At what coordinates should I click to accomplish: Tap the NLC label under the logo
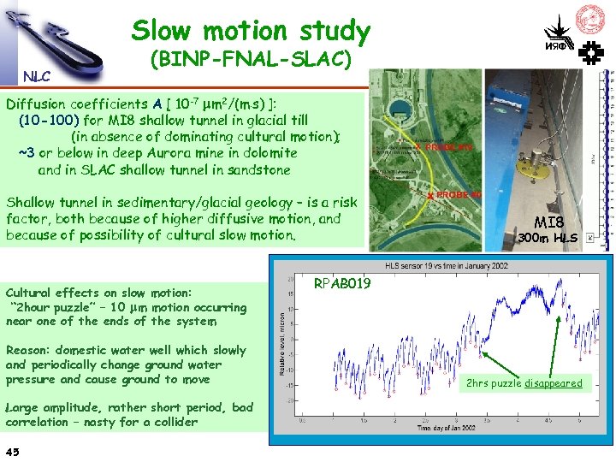37,76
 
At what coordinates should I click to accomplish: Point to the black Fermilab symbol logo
591,54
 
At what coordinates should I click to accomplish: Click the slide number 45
13,451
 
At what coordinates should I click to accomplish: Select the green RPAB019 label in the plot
342,282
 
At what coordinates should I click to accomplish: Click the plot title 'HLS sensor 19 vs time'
441,264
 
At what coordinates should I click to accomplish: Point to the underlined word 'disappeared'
553,382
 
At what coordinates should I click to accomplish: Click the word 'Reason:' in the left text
32,350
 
